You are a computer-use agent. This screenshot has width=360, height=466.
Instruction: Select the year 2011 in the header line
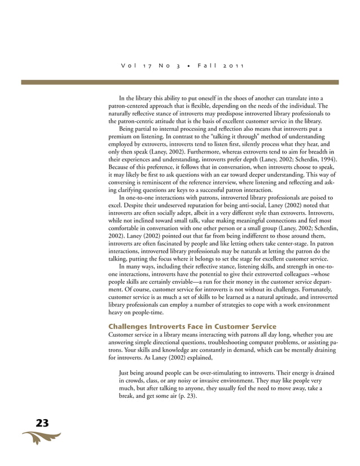point(233,67)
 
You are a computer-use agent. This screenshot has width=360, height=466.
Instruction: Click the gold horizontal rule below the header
point(179,82)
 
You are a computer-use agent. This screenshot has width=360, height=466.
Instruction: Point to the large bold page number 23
point(42,423)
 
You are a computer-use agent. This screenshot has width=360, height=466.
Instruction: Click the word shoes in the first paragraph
point(222,98)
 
